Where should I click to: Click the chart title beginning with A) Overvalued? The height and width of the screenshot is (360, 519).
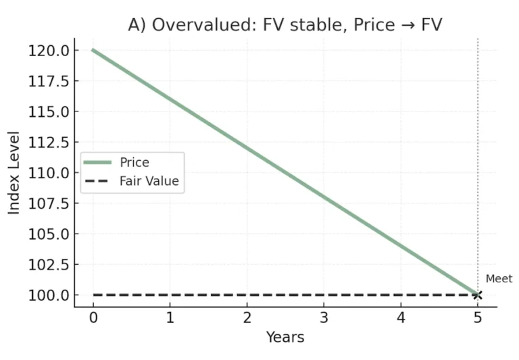click(285, 25)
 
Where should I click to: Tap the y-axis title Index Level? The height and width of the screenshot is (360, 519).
click(14, 173)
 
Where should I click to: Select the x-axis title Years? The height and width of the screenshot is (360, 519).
click(285, 336)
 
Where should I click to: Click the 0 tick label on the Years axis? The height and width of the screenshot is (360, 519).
click(93, 318)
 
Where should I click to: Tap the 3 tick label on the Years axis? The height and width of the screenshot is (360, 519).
click(324, 318)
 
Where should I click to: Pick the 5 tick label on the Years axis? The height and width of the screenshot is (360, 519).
click(478, 318)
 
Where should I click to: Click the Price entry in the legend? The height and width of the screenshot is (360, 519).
click(134, 162)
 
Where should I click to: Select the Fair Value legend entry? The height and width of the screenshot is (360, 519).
click(149, 181)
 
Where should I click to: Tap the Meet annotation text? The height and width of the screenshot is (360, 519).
click(499, 279)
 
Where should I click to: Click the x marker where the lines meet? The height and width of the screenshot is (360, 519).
click(478, 295)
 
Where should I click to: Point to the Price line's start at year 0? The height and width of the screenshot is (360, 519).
click(93, 50)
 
